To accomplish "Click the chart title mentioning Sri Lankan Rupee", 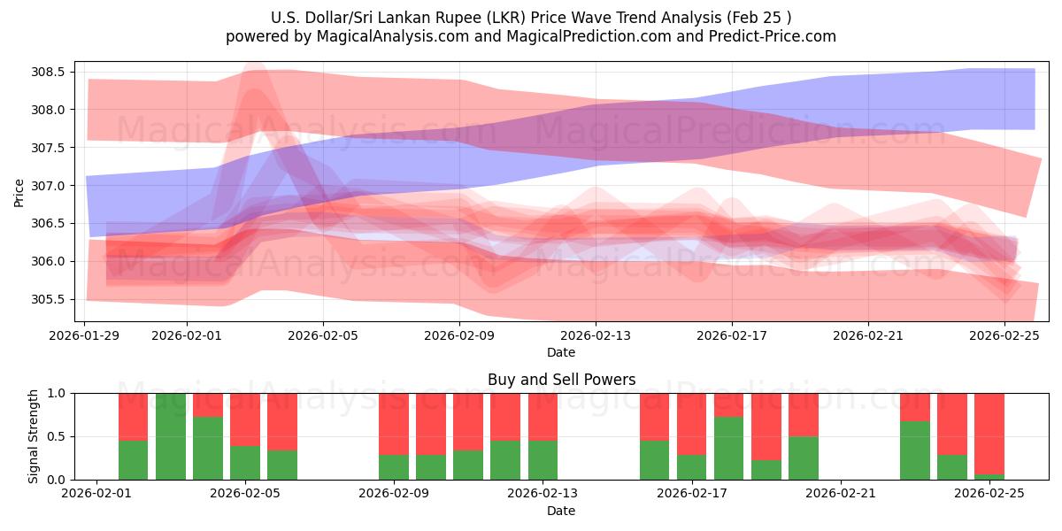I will (x=530, y=17).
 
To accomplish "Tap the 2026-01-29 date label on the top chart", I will (x=85, y=335).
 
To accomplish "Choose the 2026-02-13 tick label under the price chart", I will (x=596, y=335).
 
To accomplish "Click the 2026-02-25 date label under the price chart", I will (x=1004, y=335).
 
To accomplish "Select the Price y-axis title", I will (x=19, y=191).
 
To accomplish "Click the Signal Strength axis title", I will (x=33, y=436).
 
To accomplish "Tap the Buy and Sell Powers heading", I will (x=561, y=380).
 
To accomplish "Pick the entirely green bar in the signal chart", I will (x=171, y=436).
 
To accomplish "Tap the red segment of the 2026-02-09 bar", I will (x=394, y=424).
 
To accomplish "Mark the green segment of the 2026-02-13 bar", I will (x=543, y=459).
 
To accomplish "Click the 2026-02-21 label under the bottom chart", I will (x=839, y=494).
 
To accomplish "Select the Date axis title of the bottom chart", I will (x=561, y=511).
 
